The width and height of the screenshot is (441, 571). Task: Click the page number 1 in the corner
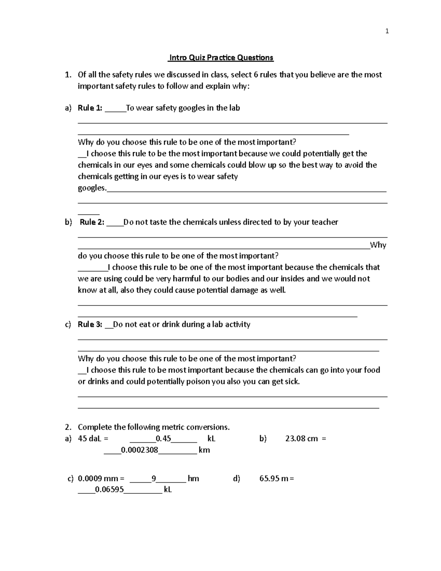point(387,31)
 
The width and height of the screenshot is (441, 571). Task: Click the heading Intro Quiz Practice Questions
point(220,58)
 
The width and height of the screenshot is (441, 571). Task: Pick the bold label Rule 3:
point(90,324)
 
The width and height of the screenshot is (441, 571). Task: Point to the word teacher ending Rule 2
point(325,222)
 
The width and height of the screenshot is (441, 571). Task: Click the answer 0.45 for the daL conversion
point(164,439)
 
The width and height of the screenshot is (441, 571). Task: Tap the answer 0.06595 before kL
point(109,490)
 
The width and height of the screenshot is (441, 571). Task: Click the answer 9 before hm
point(154,479)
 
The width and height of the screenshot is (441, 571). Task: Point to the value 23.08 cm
point(301,439)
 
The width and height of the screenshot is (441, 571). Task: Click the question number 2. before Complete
point(68,427)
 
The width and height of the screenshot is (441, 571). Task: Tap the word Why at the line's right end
point(378,245)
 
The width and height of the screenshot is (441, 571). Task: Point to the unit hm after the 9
point(193,479)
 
